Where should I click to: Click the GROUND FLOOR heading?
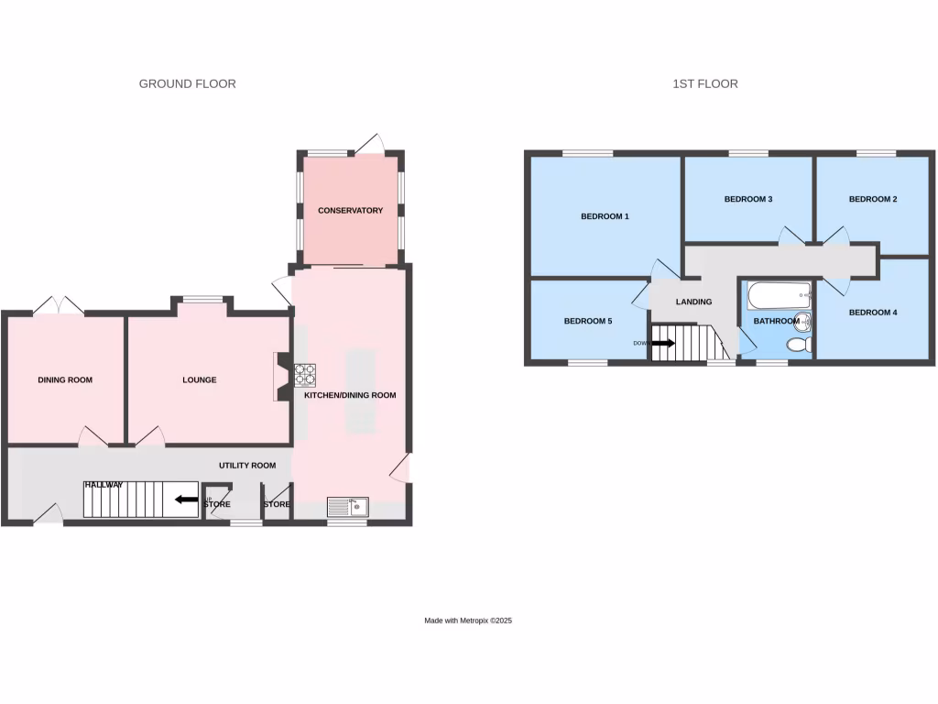click(x=187, y=83)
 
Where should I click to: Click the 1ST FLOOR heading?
click(x=704, y=83)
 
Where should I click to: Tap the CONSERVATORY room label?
click(x=350, y=211)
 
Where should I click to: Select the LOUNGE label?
click(x=199, y=379)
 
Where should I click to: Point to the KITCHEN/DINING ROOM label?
click(x=356, y=395)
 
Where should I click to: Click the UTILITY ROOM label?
click(x=246, y=466)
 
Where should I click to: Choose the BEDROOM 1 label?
click(x=605, y=217)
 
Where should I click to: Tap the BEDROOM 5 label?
click(x=587, y=321)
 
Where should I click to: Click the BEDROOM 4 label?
click(x=873, y=313)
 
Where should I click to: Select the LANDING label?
click(x=693, y=302)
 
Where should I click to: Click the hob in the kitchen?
click(x=305, y=374)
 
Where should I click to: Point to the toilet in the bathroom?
click(x=799, y=345)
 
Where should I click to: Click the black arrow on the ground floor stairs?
click(x=186, y=500)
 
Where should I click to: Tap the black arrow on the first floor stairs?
click(x=663, y=344)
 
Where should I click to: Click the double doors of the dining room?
click(x=58, y=306)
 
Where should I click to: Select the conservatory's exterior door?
click(x=370, y=144)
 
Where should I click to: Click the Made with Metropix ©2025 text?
click(x=467, y=621)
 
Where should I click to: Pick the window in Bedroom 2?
click(x=876, y=152)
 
